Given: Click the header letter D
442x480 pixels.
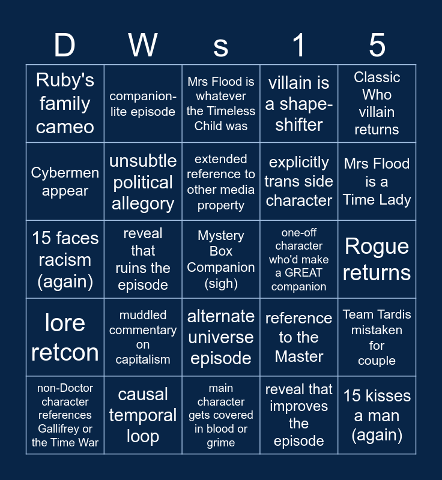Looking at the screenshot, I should point(65,46).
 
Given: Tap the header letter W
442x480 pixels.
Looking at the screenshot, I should point(143,46).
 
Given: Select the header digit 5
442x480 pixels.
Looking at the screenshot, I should point(377,46).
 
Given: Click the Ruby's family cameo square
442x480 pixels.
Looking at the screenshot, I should point(65,103).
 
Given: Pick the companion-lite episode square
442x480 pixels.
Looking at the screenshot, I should point(143,103).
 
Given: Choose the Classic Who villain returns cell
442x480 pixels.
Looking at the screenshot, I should point(377,103).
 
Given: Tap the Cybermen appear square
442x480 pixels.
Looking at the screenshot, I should point(65,182).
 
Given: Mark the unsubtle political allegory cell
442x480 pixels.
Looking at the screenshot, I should point(143,182).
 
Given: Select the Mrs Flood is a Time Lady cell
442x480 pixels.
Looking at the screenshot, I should point(377,182).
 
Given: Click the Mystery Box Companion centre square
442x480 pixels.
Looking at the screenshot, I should point(221,259).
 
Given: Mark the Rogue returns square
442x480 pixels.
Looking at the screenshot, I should point(377,259).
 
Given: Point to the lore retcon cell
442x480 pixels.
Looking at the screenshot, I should point(65,337).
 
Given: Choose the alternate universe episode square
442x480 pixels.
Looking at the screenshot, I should point(221,337).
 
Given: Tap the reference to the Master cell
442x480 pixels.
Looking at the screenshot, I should point(299,337).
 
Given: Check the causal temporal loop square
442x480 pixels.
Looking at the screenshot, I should point(143,415).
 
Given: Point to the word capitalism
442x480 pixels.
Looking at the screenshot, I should point(143,359).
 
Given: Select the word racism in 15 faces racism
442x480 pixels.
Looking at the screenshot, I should point(65,260).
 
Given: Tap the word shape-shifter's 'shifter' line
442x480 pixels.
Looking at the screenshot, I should point(299,125).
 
